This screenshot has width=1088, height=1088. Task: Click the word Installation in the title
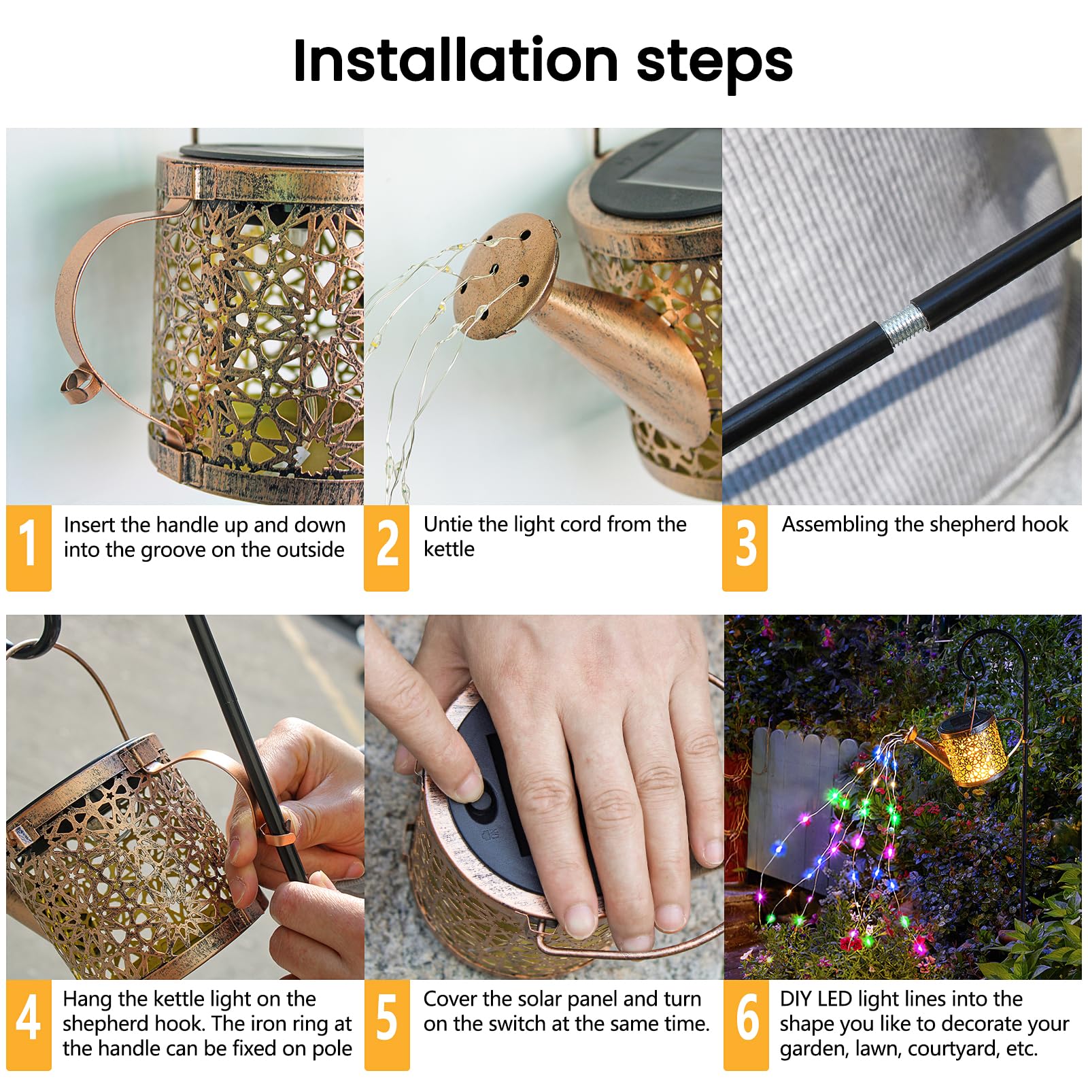point(454,61)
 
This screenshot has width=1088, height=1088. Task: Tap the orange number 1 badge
point(29,547)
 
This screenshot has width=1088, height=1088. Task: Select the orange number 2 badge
point(387,547)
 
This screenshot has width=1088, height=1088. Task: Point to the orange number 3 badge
point(745,547)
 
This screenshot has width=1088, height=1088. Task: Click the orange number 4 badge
point(29,1024)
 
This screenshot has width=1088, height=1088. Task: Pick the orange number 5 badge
point(387,1024)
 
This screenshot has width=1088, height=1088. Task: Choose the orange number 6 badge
point(746,1024)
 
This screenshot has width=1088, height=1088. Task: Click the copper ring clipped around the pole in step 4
point(279,835)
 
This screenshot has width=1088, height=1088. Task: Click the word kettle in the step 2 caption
point(449,549)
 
